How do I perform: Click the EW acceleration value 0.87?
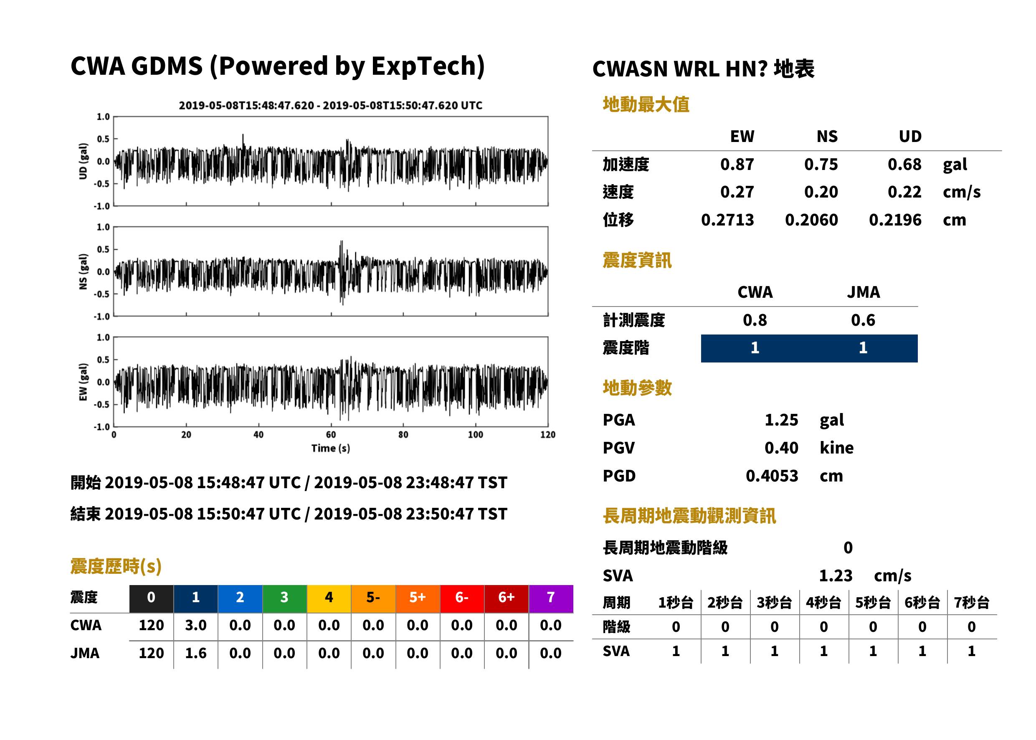(x=737, y=165)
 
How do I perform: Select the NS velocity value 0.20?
(x=821, y=192)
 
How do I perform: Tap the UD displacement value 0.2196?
(x=895, y=220)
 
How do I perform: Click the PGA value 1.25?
(x=781, y=420)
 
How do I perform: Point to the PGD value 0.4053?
(x=772, y=476)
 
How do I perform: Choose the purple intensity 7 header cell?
(x=551, y=598)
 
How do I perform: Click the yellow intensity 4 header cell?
(x=329, y=598)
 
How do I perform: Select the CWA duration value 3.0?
(x=195, y=626)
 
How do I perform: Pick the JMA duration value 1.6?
(x=195, y=654)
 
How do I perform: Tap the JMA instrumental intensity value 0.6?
(x=863, y=320)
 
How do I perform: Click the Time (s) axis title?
(x=331, y=449)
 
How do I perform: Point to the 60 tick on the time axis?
(x=331, y=435)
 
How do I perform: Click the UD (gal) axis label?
(x=83, y=161)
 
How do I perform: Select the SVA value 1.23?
(x=836, y=576)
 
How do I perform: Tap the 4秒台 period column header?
(x=823, y=603)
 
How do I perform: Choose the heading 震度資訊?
(x=637, y=261)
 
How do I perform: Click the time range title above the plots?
(x=331, y=106)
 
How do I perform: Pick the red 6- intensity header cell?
(x=462, y=598)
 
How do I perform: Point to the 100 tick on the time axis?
(x=476, y=435)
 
